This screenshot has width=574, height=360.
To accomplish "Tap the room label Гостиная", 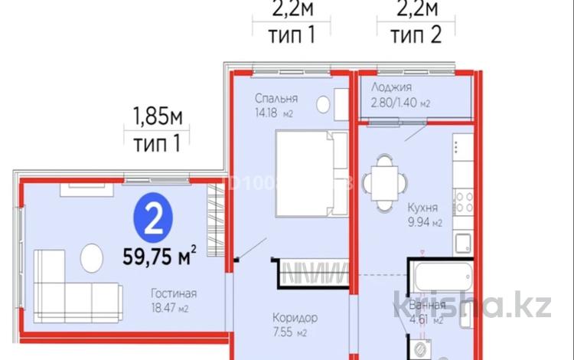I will pos(174,293).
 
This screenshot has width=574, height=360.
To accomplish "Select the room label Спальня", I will pos(276,99).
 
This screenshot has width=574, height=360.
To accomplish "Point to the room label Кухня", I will pos(422,207).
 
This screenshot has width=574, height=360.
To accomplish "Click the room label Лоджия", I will pos(392,87).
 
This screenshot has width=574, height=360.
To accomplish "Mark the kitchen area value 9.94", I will pos(418,223).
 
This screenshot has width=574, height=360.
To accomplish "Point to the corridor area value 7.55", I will pos(287,332).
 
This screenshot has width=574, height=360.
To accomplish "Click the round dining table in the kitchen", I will pos(380,182).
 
